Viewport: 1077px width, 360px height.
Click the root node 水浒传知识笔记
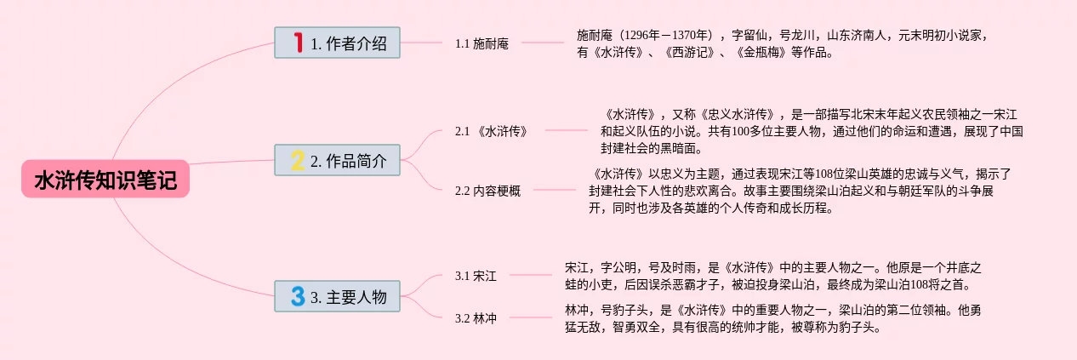tap(105, 180)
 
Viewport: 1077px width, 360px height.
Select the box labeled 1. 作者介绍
tap(337, 43)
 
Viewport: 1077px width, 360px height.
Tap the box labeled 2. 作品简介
tap(337, 160)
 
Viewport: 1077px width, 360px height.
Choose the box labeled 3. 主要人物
tap(337, 296)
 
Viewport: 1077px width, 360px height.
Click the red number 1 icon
tap(298, 43)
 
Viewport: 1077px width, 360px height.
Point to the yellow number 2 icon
tap(297, 160)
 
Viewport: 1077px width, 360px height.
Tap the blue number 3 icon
tap(297, 296)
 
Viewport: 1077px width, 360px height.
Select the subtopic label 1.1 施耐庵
tap(482, 43)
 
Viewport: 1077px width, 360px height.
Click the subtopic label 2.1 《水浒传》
tap(491, 131)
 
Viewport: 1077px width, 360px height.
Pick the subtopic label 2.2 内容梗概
tap(487, 191)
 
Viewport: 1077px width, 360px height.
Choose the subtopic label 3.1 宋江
tap(476, 276)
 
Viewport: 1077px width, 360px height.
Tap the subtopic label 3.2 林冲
tap(476, 318)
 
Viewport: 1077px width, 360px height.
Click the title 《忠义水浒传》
tap(737, 114)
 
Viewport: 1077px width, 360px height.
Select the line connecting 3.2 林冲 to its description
tap(530, 317)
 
